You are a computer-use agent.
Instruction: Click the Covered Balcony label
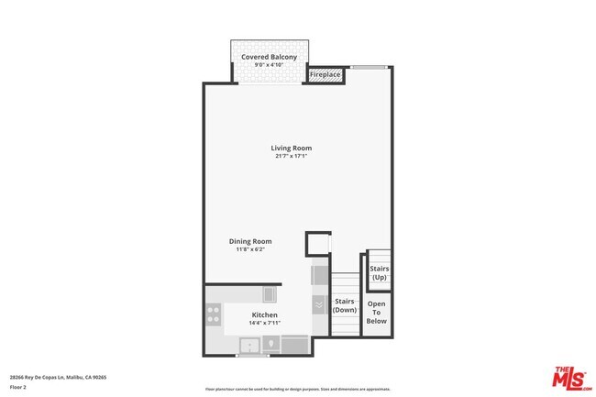[x=269, y=57]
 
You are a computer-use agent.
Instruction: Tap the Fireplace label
[x=326, y=74]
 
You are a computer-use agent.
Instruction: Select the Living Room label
[x=291, y=148]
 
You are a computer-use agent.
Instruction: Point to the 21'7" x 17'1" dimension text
[x=291, y=156]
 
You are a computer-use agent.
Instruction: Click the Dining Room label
[x=250, y=241]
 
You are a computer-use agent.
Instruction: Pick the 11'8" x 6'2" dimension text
[x=250, y=249]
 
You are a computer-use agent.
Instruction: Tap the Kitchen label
[x=264, y=314]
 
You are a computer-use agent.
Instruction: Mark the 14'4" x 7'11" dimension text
[x=264, y=323]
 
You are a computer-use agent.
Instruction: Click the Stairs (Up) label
[x=379, y=272]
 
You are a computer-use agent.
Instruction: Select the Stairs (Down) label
[x=345, y=305]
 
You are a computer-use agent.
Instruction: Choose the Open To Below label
[x=376, y=312]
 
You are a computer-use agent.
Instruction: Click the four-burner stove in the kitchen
[x=213, y=315]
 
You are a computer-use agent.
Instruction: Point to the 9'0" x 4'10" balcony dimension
[x=269, y=65]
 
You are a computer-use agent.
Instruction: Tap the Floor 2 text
[x=18, y=387]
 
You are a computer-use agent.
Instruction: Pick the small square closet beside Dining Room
[x=317, y=244]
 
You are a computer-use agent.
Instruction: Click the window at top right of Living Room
[x=367, y=67]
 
